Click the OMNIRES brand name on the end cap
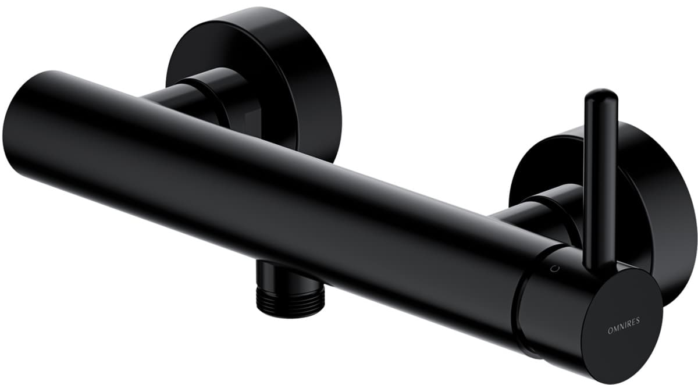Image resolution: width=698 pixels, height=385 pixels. (x=624, y=325)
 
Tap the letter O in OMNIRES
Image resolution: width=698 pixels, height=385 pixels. (x=610, y=331)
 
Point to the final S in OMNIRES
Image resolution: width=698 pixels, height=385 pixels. (x=639, y=320)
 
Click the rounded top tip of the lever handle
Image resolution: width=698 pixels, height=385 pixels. (x=601, y=94)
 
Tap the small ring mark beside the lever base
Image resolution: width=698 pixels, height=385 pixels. (x=554, y=268)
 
